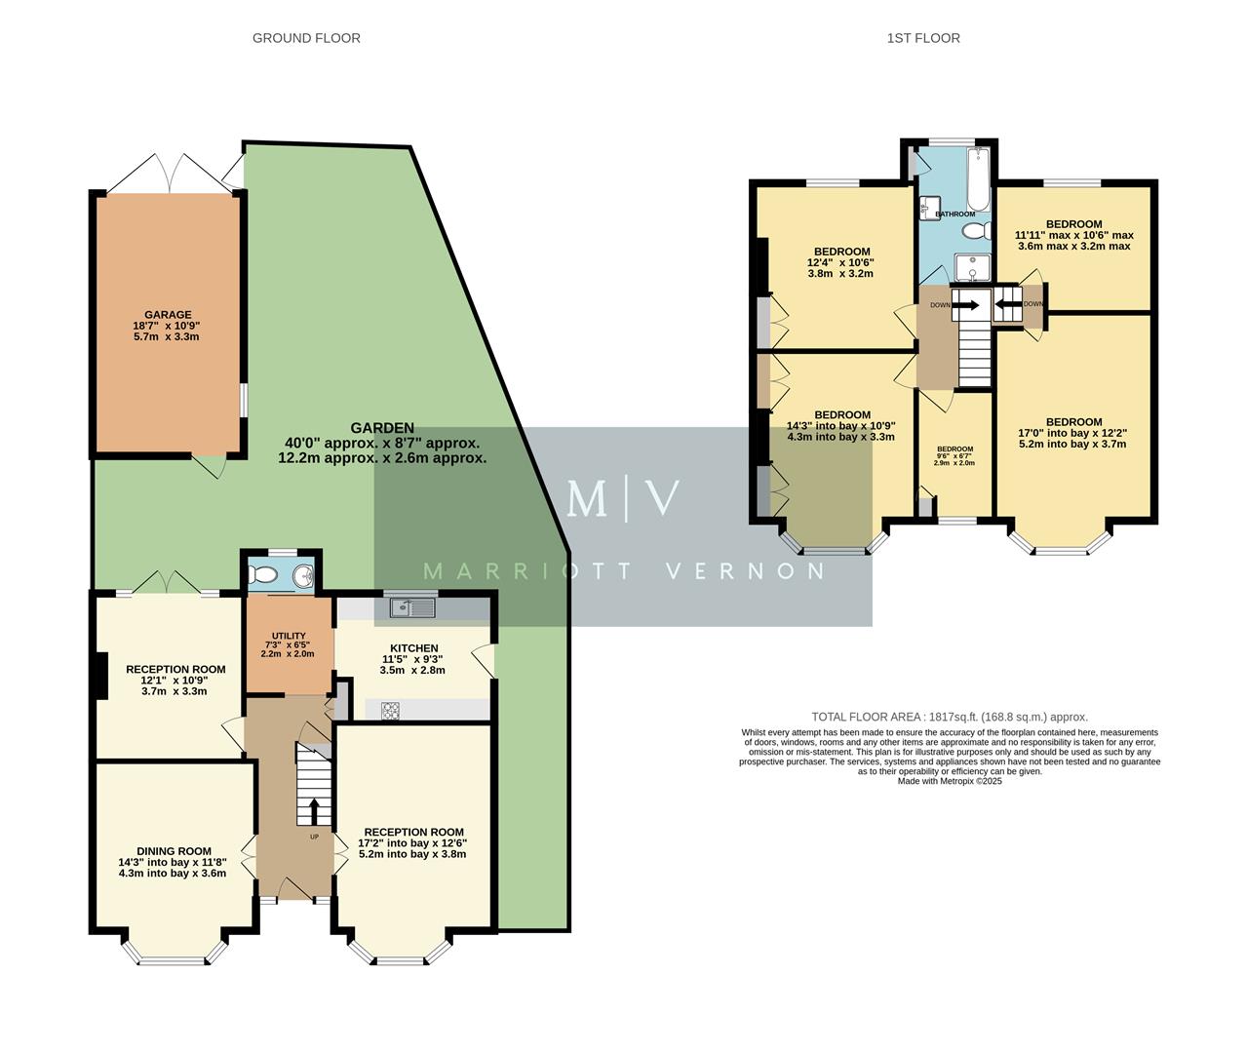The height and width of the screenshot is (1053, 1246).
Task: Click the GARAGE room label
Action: click(x=166, y=315)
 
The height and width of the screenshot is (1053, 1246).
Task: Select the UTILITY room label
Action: click(x=289, y=636)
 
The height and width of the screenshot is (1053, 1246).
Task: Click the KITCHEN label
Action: click(x=413, y=647)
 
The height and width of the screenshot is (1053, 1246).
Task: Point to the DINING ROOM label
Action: click(x=174, y=851)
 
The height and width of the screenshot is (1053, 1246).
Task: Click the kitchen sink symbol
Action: click(x=412, y=607)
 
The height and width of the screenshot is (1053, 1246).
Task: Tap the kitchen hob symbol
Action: click(x=390, y=711)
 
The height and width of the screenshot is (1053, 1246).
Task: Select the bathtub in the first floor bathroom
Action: click(x=977, y=178)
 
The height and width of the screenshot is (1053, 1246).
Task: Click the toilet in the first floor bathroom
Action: click(x=972, y=231)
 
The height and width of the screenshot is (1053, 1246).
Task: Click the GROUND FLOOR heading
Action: click(x=306, y=38)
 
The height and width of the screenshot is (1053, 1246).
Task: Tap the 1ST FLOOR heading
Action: click(x=922, y=38)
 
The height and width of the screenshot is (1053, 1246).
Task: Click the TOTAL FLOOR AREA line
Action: click(x=949, y=717)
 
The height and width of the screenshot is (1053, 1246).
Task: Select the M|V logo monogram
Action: click(x=623, y=497)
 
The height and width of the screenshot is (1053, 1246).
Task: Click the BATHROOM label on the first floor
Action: click(x=954, y=214)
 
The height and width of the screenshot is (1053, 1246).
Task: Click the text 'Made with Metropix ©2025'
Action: click(x=949, y=781)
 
